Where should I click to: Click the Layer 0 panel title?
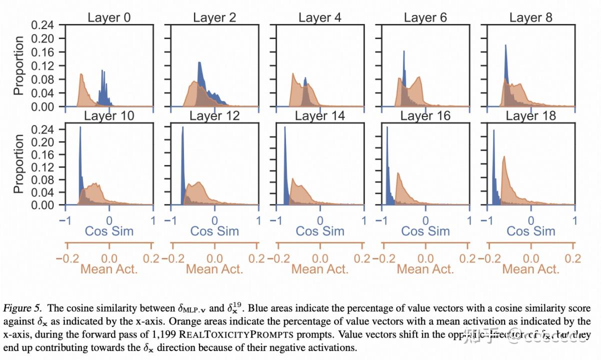tap(109, 17)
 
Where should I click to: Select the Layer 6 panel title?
tap(425, 17)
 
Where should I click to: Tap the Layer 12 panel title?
tap(214, 116)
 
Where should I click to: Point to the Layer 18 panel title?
tap(530, 116)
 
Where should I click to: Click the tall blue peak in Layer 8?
tap(505, 46)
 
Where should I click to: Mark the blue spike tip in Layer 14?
tap(285, 127)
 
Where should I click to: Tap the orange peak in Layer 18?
tap(503, 157)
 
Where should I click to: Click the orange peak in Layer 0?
tap(80, 75)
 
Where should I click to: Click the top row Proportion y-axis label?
tap(18, 65)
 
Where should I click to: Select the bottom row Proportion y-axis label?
tap(18, 163)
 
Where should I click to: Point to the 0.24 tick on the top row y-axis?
tap(42, 24)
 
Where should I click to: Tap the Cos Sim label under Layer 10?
tap(109, 231)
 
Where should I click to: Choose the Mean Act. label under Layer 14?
tap(320, 269)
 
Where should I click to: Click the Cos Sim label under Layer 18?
tap(531, 231)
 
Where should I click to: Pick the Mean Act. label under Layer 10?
tap(109, 269)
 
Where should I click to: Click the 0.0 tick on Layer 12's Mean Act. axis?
tap(214, 258)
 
